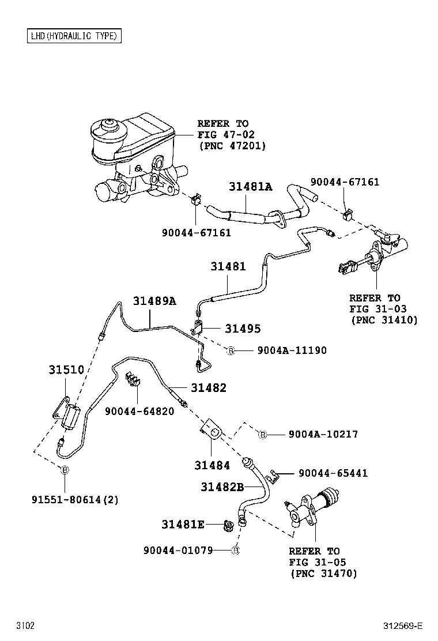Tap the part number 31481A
point(250,187)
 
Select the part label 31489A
point(154,301)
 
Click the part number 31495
point(243,329)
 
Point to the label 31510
point(66,370)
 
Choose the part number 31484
point(212,465)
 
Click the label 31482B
point(222,487)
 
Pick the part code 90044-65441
point(333,473)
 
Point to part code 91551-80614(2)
point(75,500)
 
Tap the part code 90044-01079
point(178,550)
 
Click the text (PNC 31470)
point(323,573)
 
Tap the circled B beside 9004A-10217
point(263,434)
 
